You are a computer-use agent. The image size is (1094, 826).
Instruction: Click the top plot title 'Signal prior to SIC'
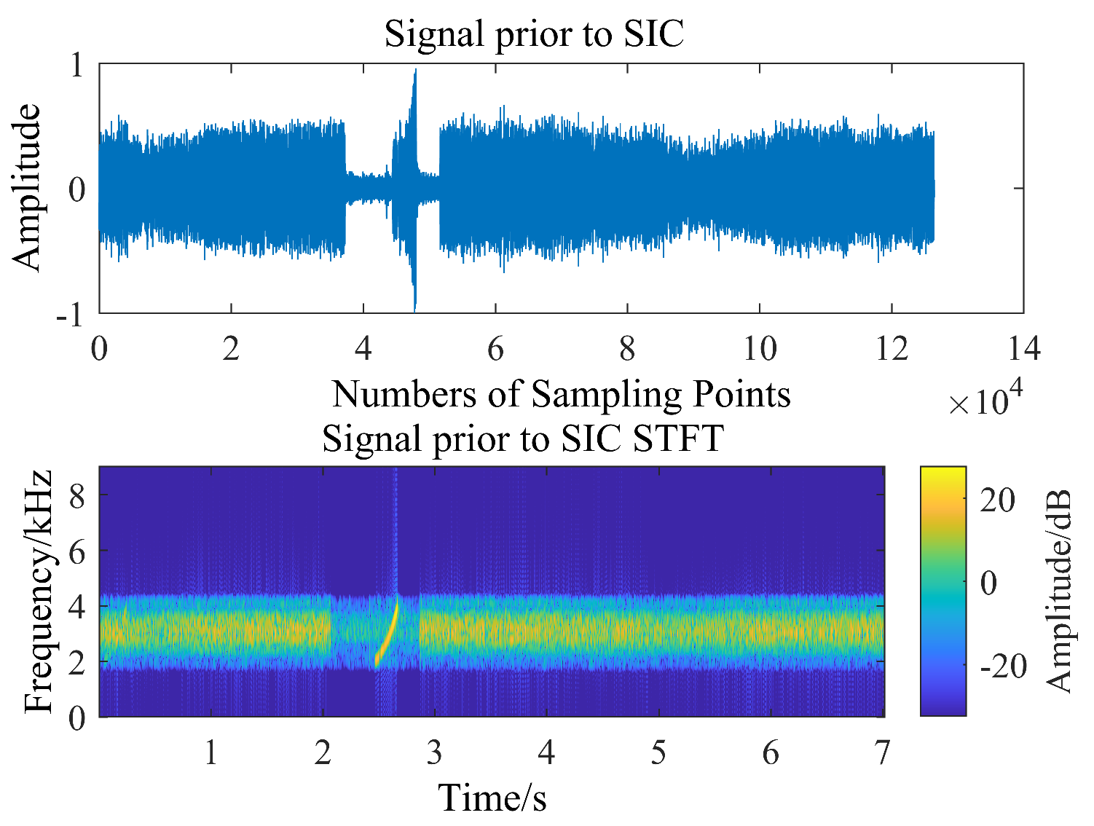[x=534, y=34]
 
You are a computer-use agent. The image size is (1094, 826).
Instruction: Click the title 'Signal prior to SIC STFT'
[x=522, y=438]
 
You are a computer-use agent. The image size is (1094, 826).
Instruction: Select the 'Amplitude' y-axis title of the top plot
[x=27, y=188]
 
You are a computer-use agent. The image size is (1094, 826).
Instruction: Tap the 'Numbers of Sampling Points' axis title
[x=561, y=394]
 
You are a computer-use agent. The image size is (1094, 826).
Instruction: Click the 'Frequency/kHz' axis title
[x=39, y=591]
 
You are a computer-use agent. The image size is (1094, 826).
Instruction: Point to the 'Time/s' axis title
[x=492, y=797]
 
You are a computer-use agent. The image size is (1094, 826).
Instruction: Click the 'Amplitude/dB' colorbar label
[x=1058, y=591]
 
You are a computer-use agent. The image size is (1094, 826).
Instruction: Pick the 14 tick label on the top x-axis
[x=1023, y=349]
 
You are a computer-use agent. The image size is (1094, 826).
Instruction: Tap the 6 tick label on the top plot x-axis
[x=495, y=349]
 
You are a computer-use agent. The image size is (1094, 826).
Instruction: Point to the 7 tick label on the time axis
[x=883, y=752]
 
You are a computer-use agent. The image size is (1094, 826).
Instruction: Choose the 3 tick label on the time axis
[x=435, y=752]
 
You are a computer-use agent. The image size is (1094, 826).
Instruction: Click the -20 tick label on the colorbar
[x=1002, y=666]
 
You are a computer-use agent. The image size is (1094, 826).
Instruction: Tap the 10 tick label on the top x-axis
[x=760, y=349]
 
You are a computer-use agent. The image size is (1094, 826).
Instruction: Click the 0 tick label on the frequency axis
[x=77, y=718]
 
